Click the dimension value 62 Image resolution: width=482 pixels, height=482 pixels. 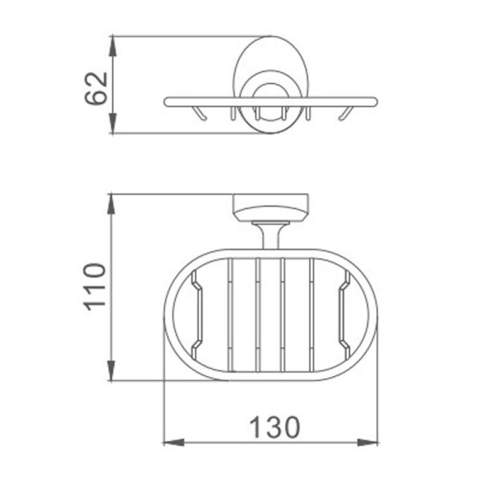click(96, 89)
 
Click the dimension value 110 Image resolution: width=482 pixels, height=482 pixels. click(95, 287)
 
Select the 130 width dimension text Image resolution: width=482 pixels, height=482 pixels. click(275, 428)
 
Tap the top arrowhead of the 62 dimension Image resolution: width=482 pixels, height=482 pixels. click(113, 46)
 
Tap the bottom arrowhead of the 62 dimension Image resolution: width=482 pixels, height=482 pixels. click(113, 124)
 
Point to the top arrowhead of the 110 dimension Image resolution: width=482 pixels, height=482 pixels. click(111, 204)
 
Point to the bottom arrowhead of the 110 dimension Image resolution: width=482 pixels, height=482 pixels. click(111, 371)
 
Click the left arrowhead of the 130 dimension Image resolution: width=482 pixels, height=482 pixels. click(174, 443)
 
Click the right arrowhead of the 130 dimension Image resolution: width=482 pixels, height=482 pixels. click(368, 443)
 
